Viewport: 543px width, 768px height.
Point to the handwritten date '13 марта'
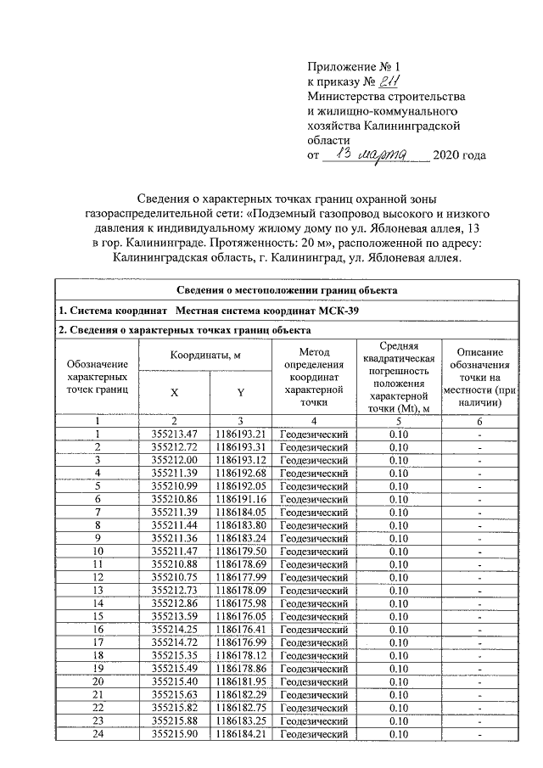(378, 154)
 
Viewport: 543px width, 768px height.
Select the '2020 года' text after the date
(460, 156)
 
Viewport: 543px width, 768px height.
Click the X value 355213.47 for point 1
(174, 434)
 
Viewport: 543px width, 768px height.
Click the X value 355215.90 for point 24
(174, 733)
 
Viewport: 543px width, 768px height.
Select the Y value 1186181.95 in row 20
(240, 681)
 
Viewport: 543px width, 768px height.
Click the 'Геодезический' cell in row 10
(313, 555)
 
